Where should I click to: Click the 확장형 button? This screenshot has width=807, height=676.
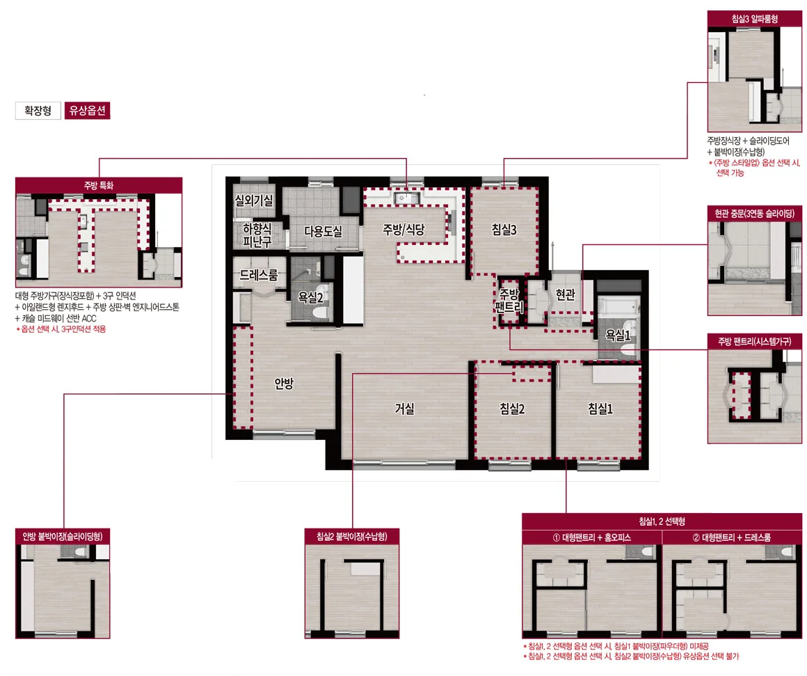pyautogui.click(x=38, y=111)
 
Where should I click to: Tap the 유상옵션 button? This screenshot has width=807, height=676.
pyautogui.click(x=87, y=111)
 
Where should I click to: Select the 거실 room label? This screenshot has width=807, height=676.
pyautogui.click(x=404, y=408)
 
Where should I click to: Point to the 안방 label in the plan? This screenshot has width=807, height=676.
pyautogui.click(x=284, y=383)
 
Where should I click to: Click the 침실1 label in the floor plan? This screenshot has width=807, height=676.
pyautogui.click(x=600, y=409)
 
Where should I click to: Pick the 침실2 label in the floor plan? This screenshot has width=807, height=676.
pyautogui.click(x=512, y=409)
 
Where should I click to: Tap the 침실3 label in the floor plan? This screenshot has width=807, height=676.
pyautogui.click(x=504, y=230)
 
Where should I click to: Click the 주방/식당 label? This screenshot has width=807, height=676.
pyautogui.click(x=403, y=229)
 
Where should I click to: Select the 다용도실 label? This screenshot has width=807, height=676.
pyautogui.click(x=323, y=232)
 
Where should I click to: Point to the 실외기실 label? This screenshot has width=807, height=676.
pyautogui.click(x=254, y=201)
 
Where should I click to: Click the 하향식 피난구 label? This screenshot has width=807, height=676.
pyautogui.click(x=257, y=235)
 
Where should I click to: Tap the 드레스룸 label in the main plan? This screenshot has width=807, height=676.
pyautogui.click(x=258, y=276)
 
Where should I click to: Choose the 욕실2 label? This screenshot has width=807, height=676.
pyautogui.click(x=310, y=297)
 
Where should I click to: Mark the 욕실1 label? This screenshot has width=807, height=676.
pyautogui.click(x=618, y=336)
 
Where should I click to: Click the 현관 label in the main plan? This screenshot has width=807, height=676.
pyautogui.click(x=565, y=294)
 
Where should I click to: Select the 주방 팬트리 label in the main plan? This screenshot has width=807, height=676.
pyautogui.click(x=509, y=301)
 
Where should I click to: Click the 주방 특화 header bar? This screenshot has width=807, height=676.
pyautogui.click(x=99, y=185)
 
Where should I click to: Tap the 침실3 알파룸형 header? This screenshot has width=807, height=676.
pyautogui.click(x=755, y=19)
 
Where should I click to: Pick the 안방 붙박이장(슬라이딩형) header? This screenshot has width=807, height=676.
pyautogui.click(x=63, y=537)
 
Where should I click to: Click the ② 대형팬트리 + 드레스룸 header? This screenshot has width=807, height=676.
pyautogui.click(x=732, y=537)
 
